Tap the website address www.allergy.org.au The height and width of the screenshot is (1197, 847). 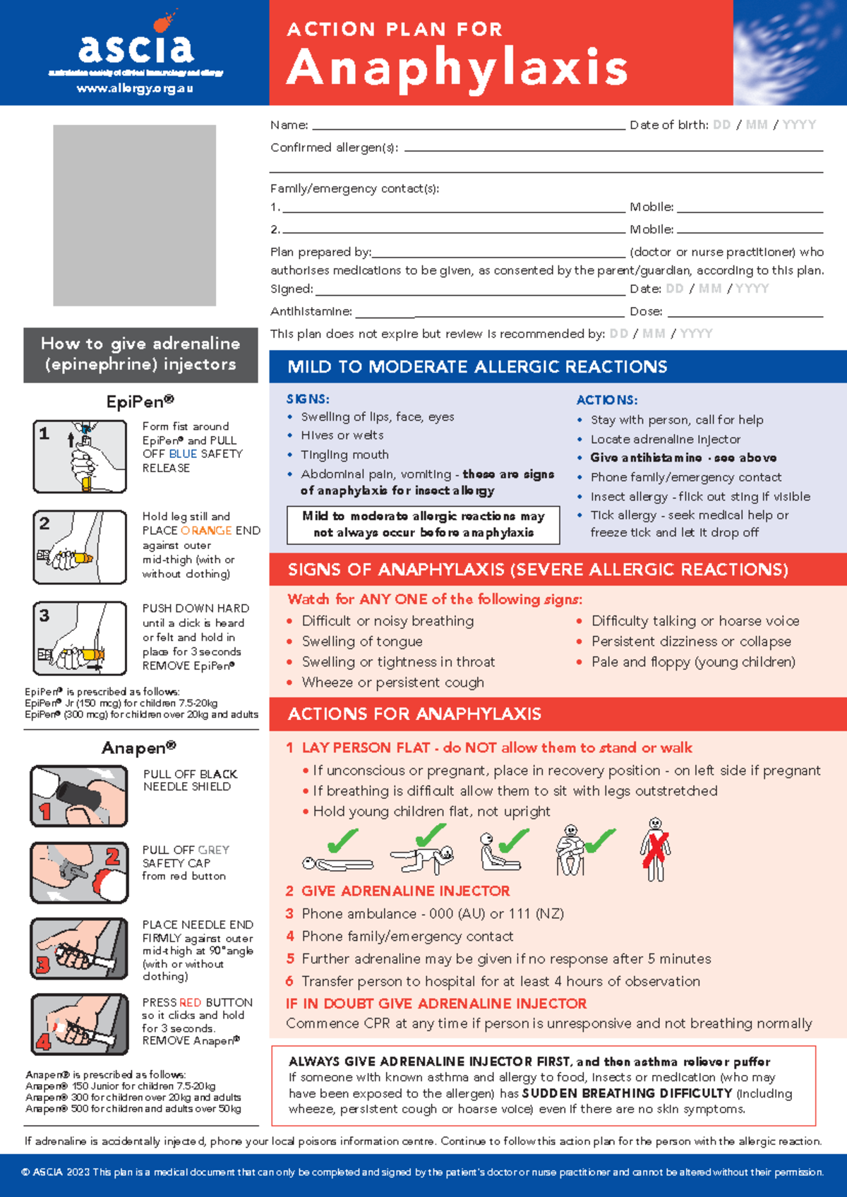pyautogui.click(x=135, y=89)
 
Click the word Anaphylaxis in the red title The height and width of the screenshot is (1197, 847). pyautogui.click(x=457, y=68)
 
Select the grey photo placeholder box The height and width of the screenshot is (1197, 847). pyautogui.click(x=134, y=215)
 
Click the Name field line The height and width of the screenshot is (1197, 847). pyautogui.click(x=468, y=127)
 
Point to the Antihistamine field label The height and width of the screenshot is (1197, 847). pyautogui.click(x=311, y=311)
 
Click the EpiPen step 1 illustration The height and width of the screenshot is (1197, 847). pyautogui.click(x=80, y=456)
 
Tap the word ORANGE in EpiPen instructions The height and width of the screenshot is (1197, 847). pyautogui.click(x=206, y=531)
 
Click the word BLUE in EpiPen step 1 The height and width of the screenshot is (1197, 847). pyautogui.click(x=183, y=454)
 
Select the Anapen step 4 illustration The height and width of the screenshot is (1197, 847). pyautogui.click(x=79, y=1024)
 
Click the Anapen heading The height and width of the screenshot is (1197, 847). pyautogui.click(x=138, y=747)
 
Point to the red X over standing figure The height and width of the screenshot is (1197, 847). pyautogui.click(x=656, y=849)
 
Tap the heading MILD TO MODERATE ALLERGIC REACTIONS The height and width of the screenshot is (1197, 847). pyautogui.click(x=477, y=367)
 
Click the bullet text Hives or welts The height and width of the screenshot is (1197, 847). pyautogui.click(x=342, y=435)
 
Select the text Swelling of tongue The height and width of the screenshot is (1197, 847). pyautogui.click(x=362, y=642)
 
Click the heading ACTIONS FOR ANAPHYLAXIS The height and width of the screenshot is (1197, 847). pyautogui.click(x=414, y=714)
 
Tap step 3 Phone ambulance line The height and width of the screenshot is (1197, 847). pyautogui.click(x=432, y=914)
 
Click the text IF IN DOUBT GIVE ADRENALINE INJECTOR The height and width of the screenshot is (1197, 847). pyautogui.click(x=436, y=1004)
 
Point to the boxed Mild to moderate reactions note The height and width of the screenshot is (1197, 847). pyautogui.click(x=423, y=524)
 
